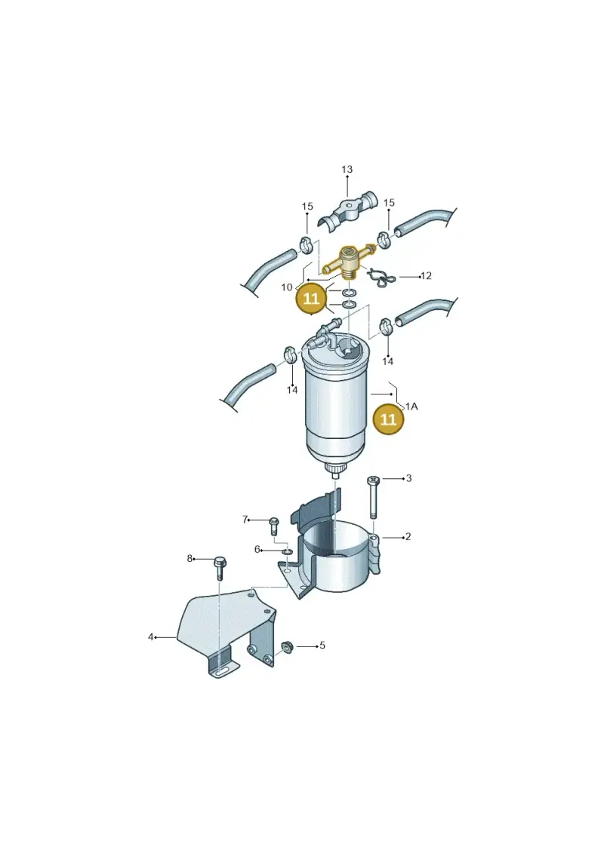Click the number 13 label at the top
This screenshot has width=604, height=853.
coord(347,170)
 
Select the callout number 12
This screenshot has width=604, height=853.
coord(426,276)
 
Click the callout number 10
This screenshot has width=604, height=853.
coord(287,287)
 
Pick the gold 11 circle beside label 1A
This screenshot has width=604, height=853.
coord(388,419)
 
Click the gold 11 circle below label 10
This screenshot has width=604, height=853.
coord(311,299)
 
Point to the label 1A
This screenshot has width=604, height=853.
coord(411,407)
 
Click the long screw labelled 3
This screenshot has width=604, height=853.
coord(373,498)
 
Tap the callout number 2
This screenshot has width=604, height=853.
coord(408,537)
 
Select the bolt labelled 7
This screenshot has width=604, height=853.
coord(273,526)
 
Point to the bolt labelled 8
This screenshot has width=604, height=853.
coord(220,567)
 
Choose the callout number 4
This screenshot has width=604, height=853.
coord(151,637)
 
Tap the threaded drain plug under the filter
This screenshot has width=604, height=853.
coord(334,471)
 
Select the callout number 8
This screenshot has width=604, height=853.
coord(190,558)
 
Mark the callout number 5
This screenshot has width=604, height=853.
coord(322,645)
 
